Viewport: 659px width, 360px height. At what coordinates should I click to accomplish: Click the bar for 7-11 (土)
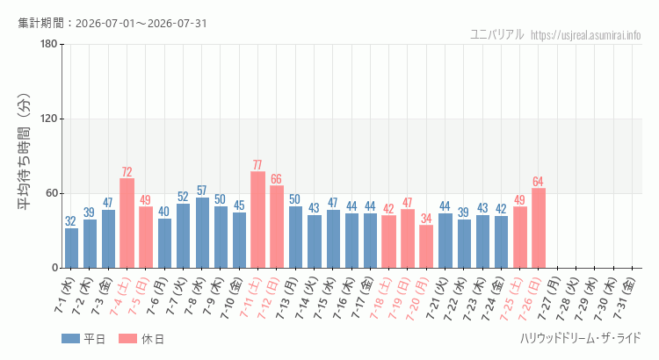coord(257,220)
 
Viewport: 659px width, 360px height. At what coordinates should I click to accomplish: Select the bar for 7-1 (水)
coord(71,248)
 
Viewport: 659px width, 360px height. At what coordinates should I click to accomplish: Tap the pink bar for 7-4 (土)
coord(127,223)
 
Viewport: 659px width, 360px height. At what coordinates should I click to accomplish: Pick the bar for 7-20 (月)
coord(426,247)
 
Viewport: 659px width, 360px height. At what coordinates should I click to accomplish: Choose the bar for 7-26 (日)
coord(539,228)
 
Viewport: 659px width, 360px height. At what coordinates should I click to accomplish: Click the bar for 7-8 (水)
coord(202,233)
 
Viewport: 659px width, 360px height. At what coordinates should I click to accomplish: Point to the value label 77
coord(257,165)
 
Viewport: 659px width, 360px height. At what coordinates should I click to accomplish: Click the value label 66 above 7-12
coord(276,179)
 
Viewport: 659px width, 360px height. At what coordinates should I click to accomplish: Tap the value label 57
coord(202,191)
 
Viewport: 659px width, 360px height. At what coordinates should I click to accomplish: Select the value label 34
coord(426,219)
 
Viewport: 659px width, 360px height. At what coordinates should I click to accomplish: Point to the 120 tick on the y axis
coord(49,119)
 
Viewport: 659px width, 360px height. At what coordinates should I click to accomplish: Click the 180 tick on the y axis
coord(49,44)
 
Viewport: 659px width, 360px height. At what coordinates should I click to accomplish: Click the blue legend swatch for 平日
coord(70,339)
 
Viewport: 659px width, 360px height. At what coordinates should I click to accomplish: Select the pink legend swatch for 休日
coord(127,339)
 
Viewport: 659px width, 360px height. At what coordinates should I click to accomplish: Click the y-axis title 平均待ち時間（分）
coord(24,152)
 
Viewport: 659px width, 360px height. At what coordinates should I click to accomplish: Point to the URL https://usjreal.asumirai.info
coord(586,35)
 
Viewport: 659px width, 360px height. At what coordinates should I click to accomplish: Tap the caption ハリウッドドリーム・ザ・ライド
coord(581,338)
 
